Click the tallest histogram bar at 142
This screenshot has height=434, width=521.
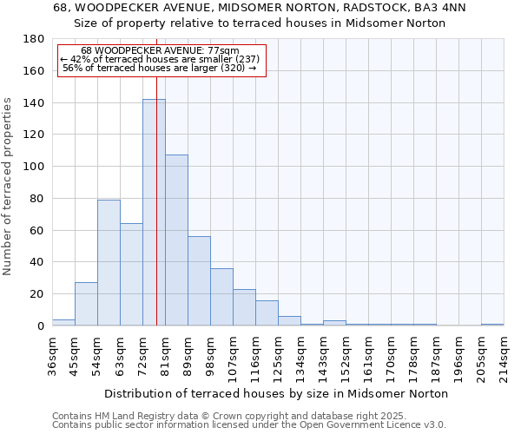(x=154, y=213)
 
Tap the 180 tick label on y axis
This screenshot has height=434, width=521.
(x=34, y=39)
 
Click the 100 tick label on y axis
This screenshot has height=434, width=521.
(x=34, y=167)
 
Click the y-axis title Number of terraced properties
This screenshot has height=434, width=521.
(x=8, y=187)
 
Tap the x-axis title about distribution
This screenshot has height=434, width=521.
(x=275, y=393)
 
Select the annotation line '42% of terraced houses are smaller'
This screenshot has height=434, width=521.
(x=160, y=59)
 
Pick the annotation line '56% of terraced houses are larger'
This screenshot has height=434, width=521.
(x=160, y=68)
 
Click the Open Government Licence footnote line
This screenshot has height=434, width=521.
(x=249, y=424)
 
